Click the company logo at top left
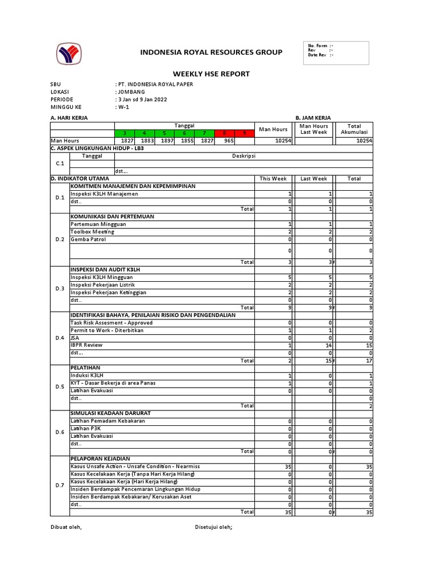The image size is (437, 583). pyautogui.click(x=68, y=54)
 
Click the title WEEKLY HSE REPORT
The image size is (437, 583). pyautogui.click(x=211, y=74)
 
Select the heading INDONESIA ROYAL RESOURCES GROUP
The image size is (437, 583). pyautogui.click(x=211, y=52)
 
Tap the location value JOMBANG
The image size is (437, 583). pyautogui.click(x=131, y=92)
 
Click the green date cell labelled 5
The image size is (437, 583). pyautogui.click(x=164, y=133)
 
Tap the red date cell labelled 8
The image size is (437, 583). pyautogui.click(x=225, y=133)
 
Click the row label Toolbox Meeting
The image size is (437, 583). pyautogui.click(x=92, y=232)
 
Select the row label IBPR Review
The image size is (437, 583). pyautogui.click(x=86, y=345)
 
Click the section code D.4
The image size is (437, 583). pyautogui.click(x=60, y=338)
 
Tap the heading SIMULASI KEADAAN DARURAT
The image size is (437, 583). pyautogui.click(x=111, y=413)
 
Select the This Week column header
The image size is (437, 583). pyautogui.click(x=273, y=179)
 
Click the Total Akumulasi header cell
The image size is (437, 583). pyautogui.click(x=354, y=129)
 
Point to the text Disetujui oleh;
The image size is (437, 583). pyautogui.click(x=214, y=527)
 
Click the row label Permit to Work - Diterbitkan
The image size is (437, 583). pyautogui.click(x=107, y=330)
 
